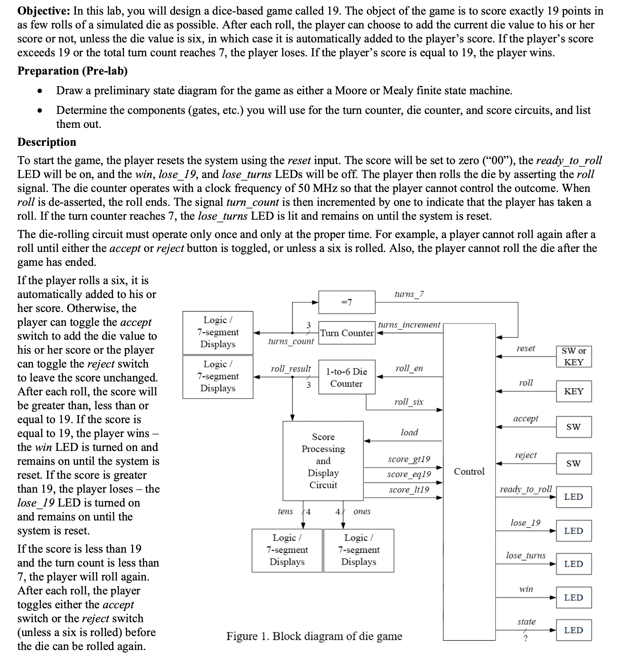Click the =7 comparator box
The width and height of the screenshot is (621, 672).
[346, 302]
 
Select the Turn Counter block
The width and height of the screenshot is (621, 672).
[346, 333]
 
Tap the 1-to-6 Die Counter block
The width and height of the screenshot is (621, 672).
[346, 377]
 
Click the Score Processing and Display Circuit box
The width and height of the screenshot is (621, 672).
[323, 461]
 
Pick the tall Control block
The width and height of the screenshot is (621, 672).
[469, 481]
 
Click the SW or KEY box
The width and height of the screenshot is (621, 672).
[574, 356]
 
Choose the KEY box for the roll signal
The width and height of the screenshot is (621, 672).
[574, 391]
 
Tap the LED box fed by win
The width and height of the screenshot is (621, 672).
[574, 597]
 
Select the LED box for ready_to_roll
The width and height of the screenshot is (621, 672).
[574, 497]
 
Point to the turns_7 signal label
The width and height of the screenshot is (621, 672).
[409, 294]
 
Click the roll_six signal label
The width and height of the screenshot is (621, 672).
[409, 402]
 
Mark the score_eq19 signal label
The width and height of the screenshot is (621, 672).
[409, 474]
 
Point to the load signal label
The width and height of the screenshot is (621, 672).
[409, 432]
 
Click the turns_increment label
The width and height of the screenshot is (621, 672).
[409, 324]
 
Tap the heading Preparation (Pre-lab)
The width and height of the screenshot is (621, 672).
[73, 71]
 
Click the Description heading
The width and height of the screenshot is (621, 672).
[47, 142]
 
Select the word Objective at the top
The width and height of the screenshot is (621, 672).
[44, 11]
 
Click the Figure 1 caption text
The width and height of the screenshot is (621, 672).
[314, 636]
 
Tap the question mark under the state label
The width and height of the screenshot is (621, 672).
[525, 638]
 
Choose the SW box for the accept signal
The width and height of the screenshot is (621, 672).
[574, 427]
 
